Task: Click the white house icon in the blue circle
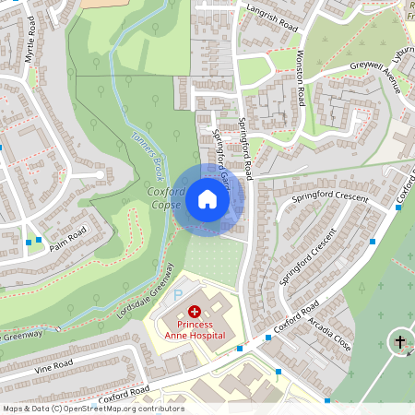207,198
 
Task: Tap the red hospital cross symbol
195,314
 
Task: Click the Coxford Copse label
165,198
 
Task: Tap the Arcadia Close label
331,326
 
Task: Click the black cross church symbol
400,342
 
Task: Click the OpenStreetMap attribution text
93,409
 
